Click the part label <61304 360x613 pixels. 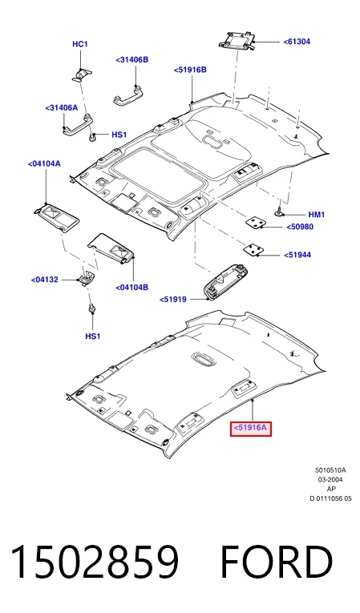click(297, 41)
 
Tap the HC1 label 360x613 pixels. click(80, 44)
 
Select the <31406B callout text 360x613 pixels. click(132, 60)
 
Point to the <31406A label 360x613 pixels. click(62, 107)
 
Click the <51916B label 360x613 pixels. click(190, 70)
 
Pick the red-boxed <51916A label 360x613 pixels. click(250, 428)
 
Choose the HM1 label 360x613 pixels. click(317, 215)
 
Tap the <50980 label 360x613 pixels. click(300, 227)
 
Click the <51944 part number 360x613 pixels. click(297, 255)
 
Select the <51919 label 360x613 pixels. click(173, 300)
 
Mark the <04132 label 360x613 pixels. click(45, 280)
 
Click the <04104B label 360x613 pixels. click(131, 288)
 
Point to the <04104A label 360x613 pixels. click(44, 163)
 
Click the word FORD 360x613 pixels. click(277, 563)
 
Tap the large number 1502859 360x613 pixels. click(95, 563)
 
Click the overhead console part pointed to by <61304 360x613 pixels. click(237, 41)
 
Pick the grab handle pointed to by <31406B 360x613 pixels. click(127, 96)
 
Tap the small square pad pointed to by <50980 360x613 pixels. click(255, 222)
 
